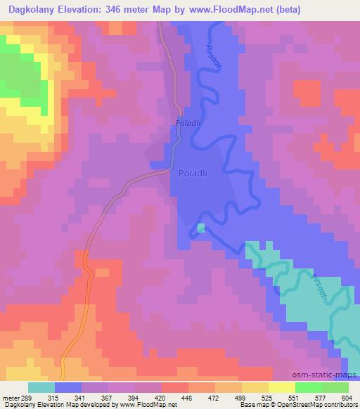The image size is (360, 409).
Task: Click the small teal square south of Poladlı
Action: [x=201, y=228]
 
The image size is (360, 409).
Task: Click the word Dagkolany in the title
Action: [x=32, y=9]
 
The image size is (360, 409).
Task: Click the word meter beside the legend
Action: [x=10, y=397]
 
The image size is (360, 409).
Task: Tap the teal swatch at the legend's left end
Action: [x=42, y=387]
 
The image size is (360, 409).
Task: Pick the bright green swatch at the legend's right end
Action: [x=335, y=387]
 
